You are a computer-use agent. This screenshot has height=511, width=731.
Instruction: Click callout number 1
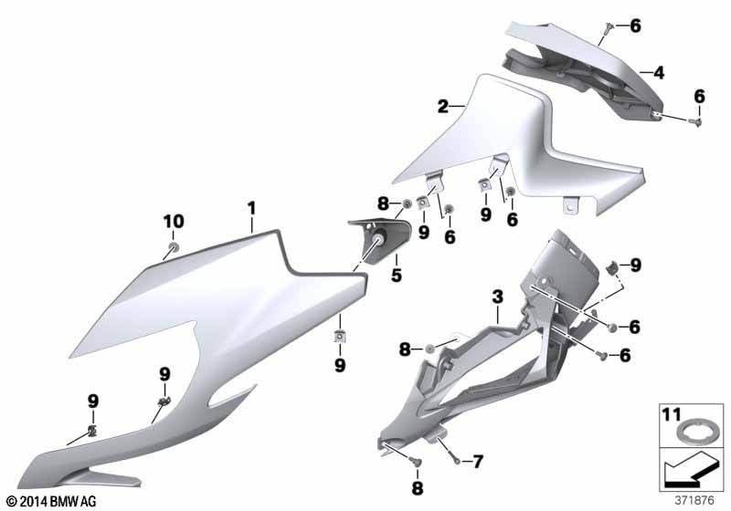click(252, 208)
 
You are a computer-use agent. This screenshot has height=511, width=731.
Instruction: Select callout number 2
click(443, 107)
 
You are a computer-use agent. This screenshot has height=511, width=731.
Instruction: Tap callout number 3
click(498, 297)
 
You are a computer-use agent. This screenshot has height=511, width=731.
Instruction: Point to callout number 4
click(658, 73)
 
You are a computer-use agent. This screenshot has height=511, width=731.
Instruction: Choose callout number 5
click(397, 275)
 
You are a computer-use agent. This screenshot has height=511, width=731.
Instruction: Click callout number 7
click(478, 462)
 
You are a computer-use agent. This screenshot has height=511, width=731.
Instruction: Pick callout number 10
click(174, 222)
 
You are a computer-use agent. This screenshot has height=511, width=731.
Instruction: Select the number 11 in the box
click(672, 414)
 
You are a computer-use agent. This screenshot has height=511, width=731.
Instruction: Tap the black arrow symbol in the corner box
click(689, 469)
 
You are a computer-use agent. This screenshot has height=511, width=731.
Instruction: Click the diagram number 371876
click(694, 501)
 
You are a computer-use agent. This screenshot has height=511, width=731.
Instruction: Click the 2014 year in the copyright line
click(33, 501)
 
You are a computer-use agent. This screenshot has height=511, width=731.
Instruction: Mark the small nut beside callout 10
click(174, 245)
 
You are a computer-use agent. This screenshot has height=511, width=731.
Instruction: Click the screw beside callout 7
click(458, 461)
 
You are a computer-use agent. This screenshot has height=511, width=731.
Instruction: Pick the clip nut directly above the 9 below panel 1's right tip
click(340, 335)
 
